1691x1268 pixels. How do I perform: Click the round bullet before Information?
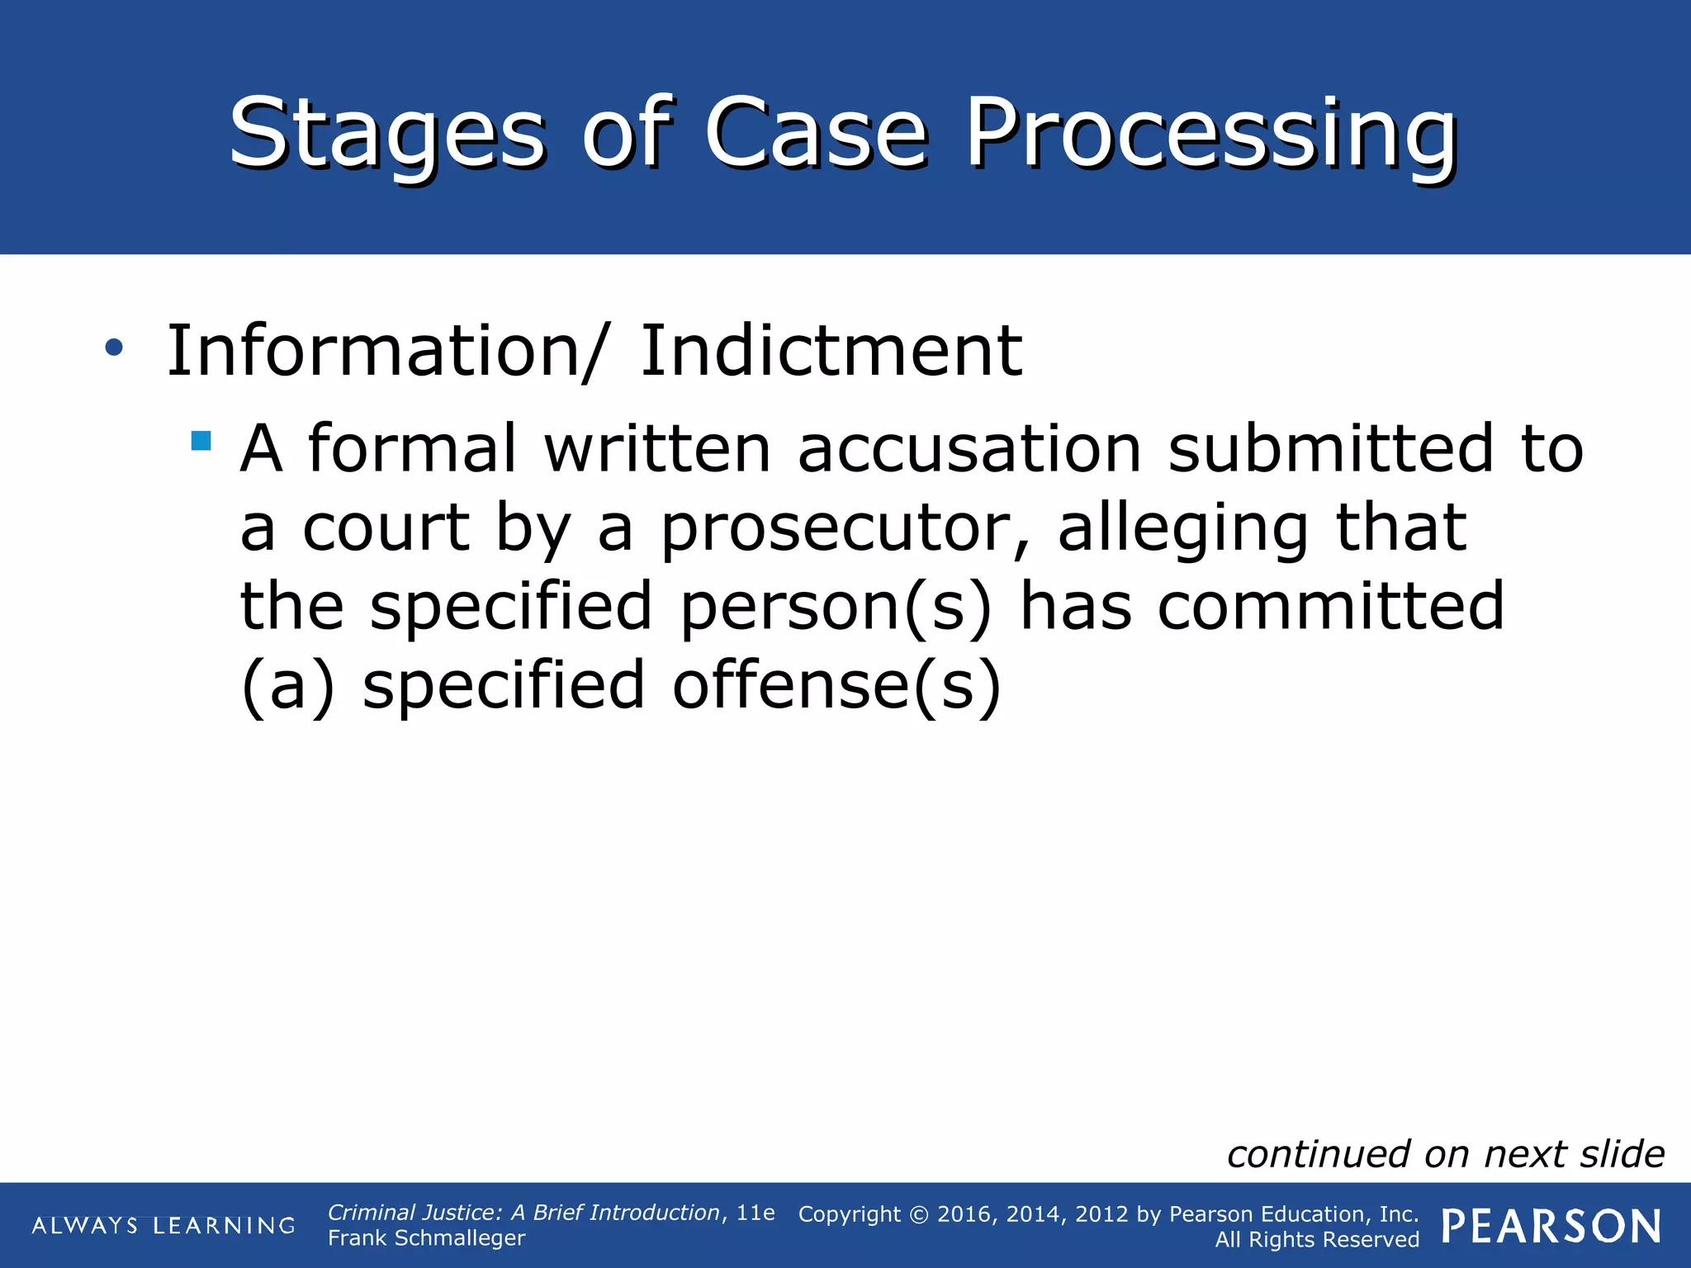tap(114, 348)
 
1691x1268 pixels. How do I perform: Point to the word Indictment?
tap(831, 351)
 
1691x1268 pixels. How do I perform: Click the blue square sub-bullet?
tap(201, 440)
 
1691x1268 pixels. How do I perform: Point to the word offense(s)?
tap(836, 685)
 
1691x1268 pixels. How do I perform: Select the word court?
tap(386, 528)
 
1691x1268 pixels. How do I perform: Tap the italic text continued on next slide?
tap(1445, 1154)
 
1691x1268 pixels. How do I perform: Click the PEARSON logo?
tap(1551, 1226)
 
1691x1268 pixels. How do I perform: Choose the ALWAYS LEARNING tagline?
tap(163, 1225)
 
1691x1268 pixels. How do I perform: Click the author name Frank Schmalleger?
tap(426, 1238)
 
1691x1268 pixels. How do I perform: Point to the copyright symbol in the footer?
tap(919, 1214)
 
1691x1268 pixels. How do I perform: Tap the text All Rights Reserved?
tap(1316, 1240)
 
